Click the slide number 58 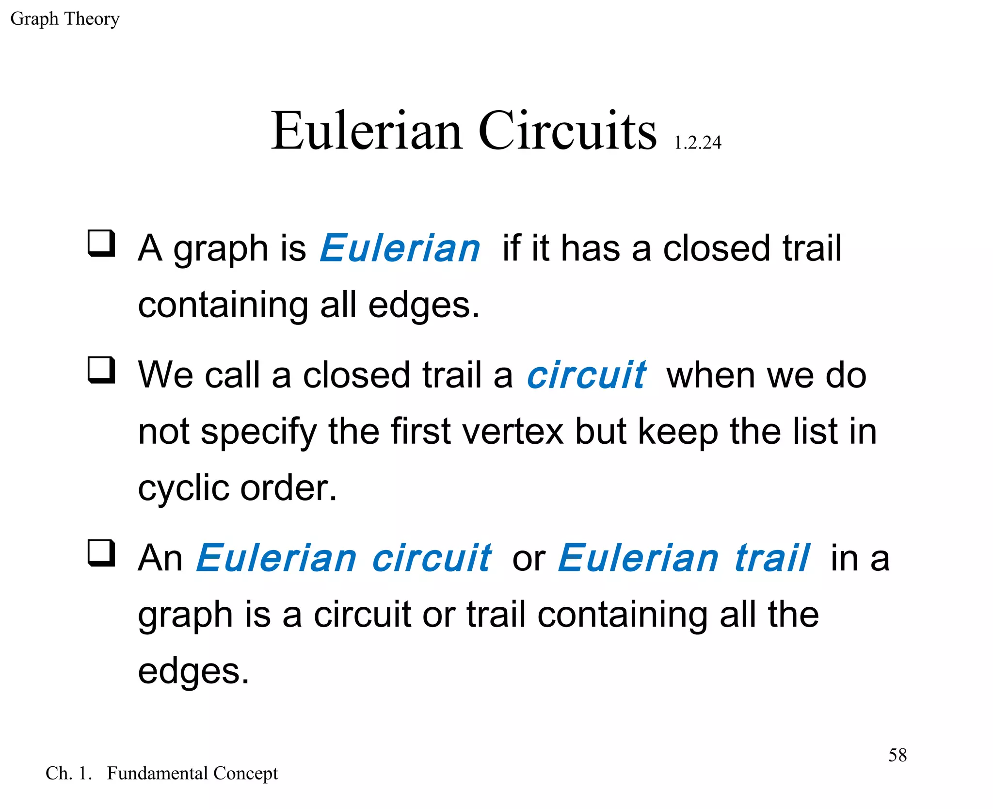pos(897,755)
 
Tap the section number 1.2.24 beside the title pos(697,143)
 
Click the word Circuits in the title pos(567,131)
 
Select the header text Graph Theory pos(64,19)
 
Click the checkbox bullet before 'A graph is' pos(101,243)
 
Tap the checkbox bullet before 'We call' pos(101,370)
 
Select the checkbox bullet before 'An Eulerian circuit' pos(101,553)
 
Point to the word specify pos(258,431)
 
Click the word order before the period pos(284,488)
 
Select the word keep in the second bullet pos(677,431)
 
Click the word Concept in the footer pos(245,773)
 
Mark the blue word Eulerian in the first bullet pos(400,248)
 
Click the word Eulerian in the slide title pos(367,131)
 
